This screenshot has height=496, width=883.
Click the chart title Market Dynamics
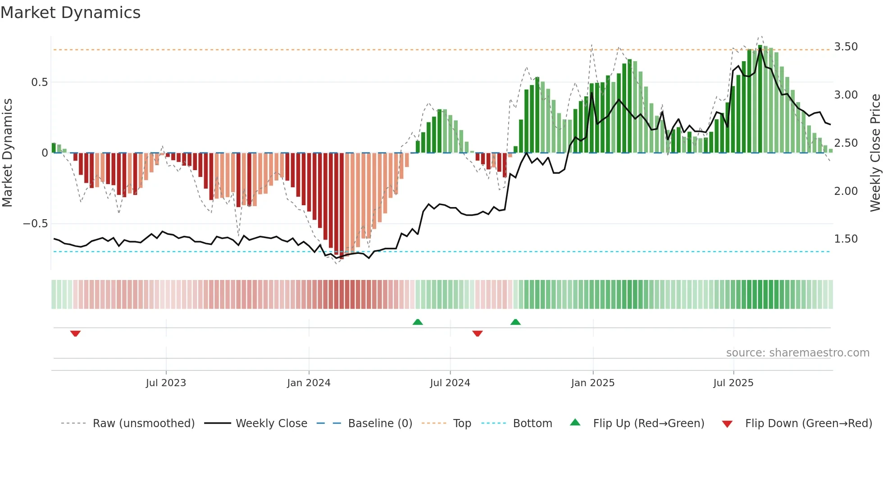pyautogui.click(x=70, y=13)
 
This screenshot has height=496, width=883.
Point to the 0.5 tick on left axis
pyautogui.click(x=39, y=82)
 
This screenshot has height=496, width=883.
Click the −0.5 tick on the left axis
pyautogui.click(x=35, y=224)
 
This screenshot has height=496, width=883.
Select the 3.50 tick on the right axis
pyautogui.click(x=846, y=47)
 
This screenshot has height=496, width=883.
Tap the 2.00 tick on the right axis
pyautogui.click(x=846, y=191)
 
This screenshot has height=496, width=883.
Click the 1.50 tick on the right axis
pyautogui.click(x=846, y=239)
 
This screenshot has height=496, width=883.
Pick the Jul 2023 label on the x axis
pyautogui.click(x=166, y=383)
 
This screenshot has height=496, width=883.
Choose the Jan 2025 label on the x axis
pyautogui.click(x=592, y=383)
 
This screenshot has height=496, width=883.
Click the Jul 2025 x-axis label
pyautogui.click(x=733, y=383)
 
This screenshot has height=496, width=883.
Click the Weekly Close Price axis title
pyautogui.click(x=875, y=153)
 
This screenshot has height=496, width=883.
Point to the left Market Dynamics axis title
pyautogui.click(x=7, y=153)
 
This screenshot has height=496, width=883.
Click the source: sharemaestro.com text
pyautogui.click(x=797, y=353)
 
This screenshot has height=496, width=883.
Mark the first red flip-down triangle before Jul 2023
pyautogui.click(x=75, y=334)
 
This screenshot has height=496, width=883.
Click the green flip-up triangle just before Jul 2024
pyautogui.click(x=418, y=322)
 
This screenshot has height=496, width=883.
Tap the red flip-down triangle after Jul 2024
pyautogui.click(x=478, y=334)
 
